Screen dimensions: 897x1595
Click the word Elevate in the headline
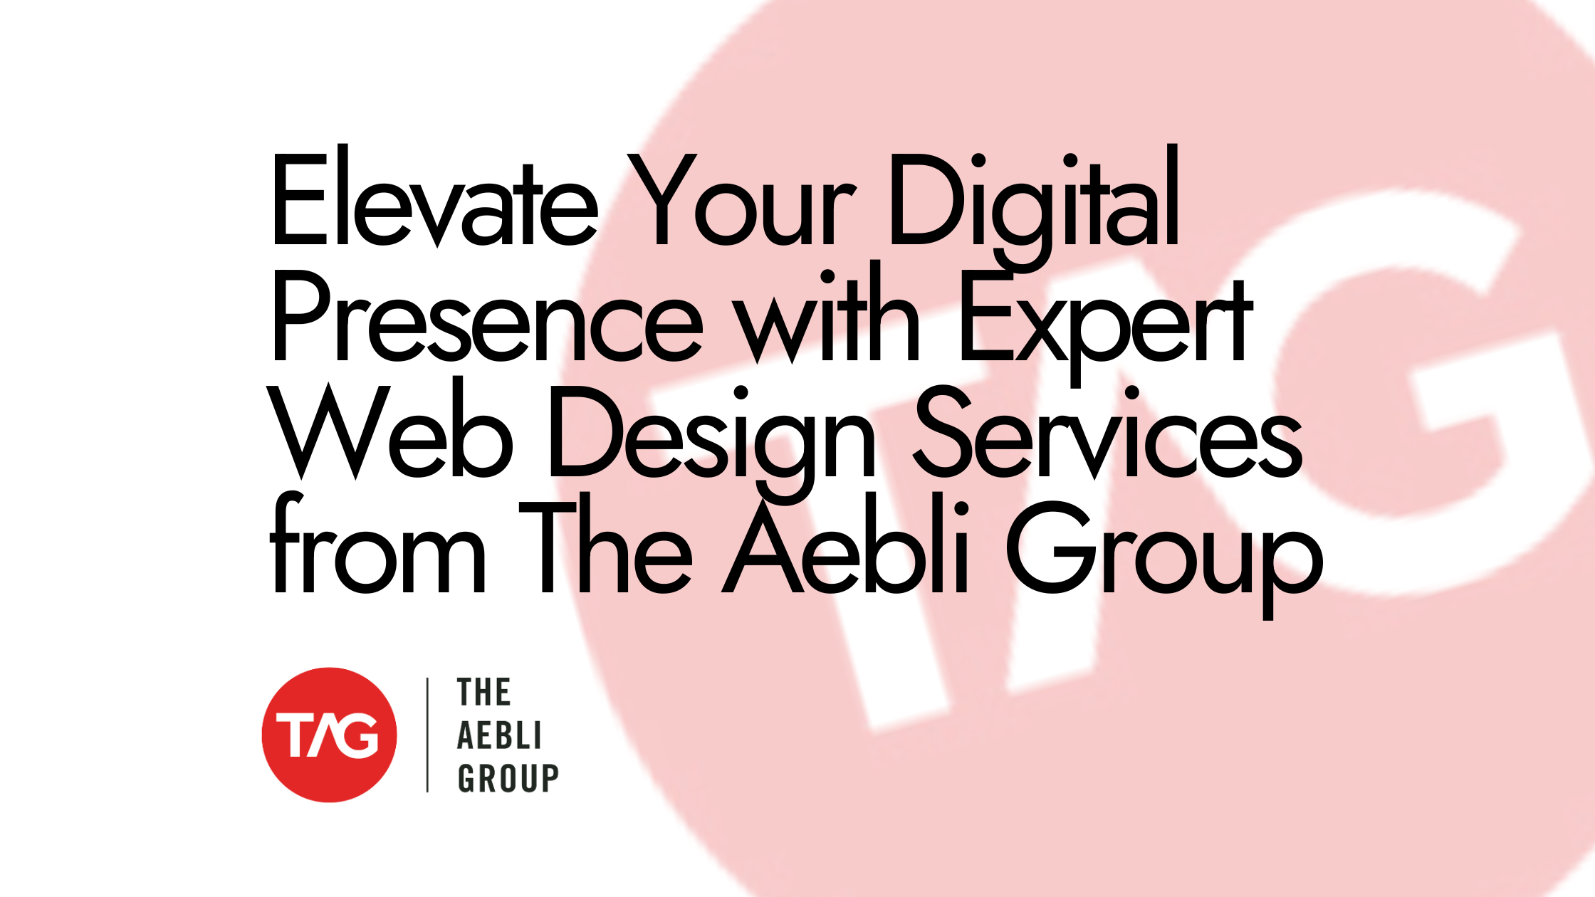(x=434, y=203)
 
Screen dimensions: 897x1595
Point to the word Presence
(x=487, y=320)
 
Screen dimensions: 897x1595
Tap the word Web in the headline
(x=392, y=434)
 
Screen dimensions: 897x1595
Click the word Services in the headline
(x=1108, y=434)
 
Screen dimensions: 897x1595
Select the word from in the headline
(x=377, y=548)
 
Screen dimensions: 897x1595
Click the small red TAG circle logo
(x=329, y=735)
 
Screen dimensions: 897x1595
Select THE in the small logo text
(x=483, y=693)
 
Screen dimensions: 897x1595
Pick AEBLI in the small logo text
(x=499, y=735)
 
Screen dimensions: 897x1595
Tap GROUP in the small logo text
(x=508, y=778)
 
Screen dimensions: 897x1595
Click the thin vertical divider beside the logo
(x=427, y=735)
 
